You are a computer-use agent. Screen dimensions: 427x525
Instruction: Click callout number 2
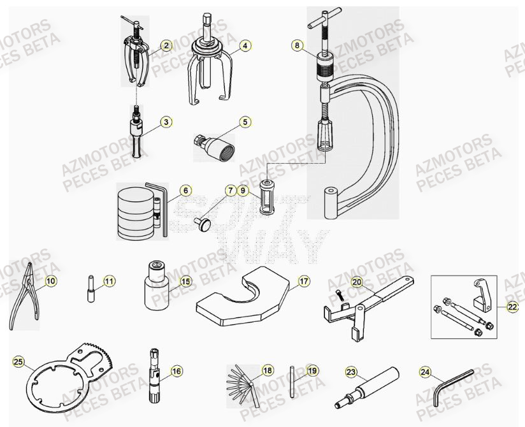[166, 45]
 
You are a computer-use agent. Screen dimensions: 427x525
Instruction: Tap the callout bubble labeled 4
[245, 45]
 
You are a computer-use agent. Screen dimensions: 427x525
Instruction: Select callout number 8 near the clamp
[296, 45]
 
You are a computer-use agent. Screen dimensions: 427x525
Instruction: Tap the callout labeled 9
[243, 190]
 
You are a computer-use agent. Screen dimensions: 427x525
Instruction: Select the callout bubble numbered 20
[357, 281]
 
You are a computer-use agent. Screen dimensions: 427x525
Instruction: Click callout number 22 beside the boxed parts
[513, 306]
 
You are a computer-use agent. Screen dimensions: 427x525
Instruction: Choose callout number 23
[350, 371]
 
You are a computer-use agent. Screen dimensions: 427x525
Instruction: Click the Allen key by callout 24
[454, 386]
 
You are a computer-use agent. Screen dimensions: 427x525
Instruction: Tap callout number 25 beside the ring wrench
[18, 362]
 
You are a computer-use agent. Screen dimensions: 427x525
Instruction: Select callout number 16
[176, 370]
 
